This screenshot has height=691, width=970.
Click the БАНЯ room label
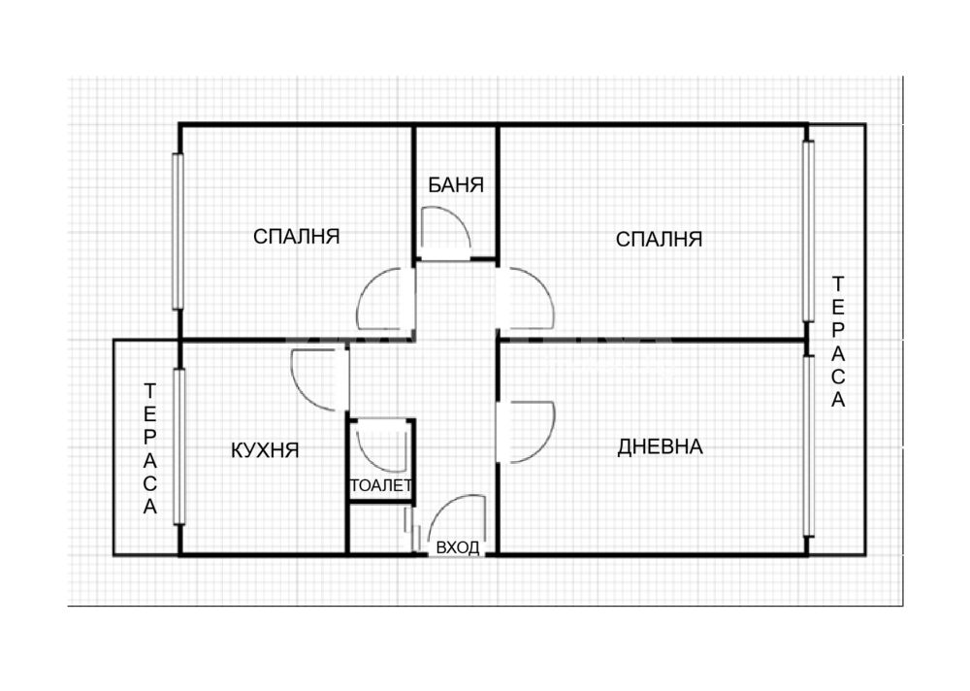coord(456,185)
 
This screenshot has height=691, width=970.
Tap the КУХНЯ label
coord(265,450)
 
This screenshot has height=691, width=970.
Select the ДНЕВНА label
coord(660,446)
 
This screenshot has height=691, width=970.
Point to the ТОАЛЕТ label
coord(381,485)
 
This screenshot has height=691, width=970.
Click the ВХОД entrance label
coord(458,547)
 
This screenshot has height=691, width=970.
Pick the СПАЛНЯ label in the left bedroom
coord(296,236)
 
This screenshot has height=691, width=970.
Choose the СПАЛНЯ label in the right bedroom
coord(659,239)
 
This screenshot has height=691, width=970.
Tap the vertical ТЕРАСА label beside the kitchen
coord(149,449)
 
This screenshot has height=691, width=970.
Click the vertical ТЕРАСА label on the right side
coord(838,342)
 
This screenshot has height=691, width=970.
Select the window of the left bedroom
coord(178,231)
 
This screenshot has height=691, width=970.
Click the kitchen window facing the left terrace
coord(179,446)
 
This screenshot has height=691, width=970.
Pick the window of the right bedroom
coord(808,231)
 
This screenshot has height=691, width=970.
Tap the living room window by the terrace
coord(808,446)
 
